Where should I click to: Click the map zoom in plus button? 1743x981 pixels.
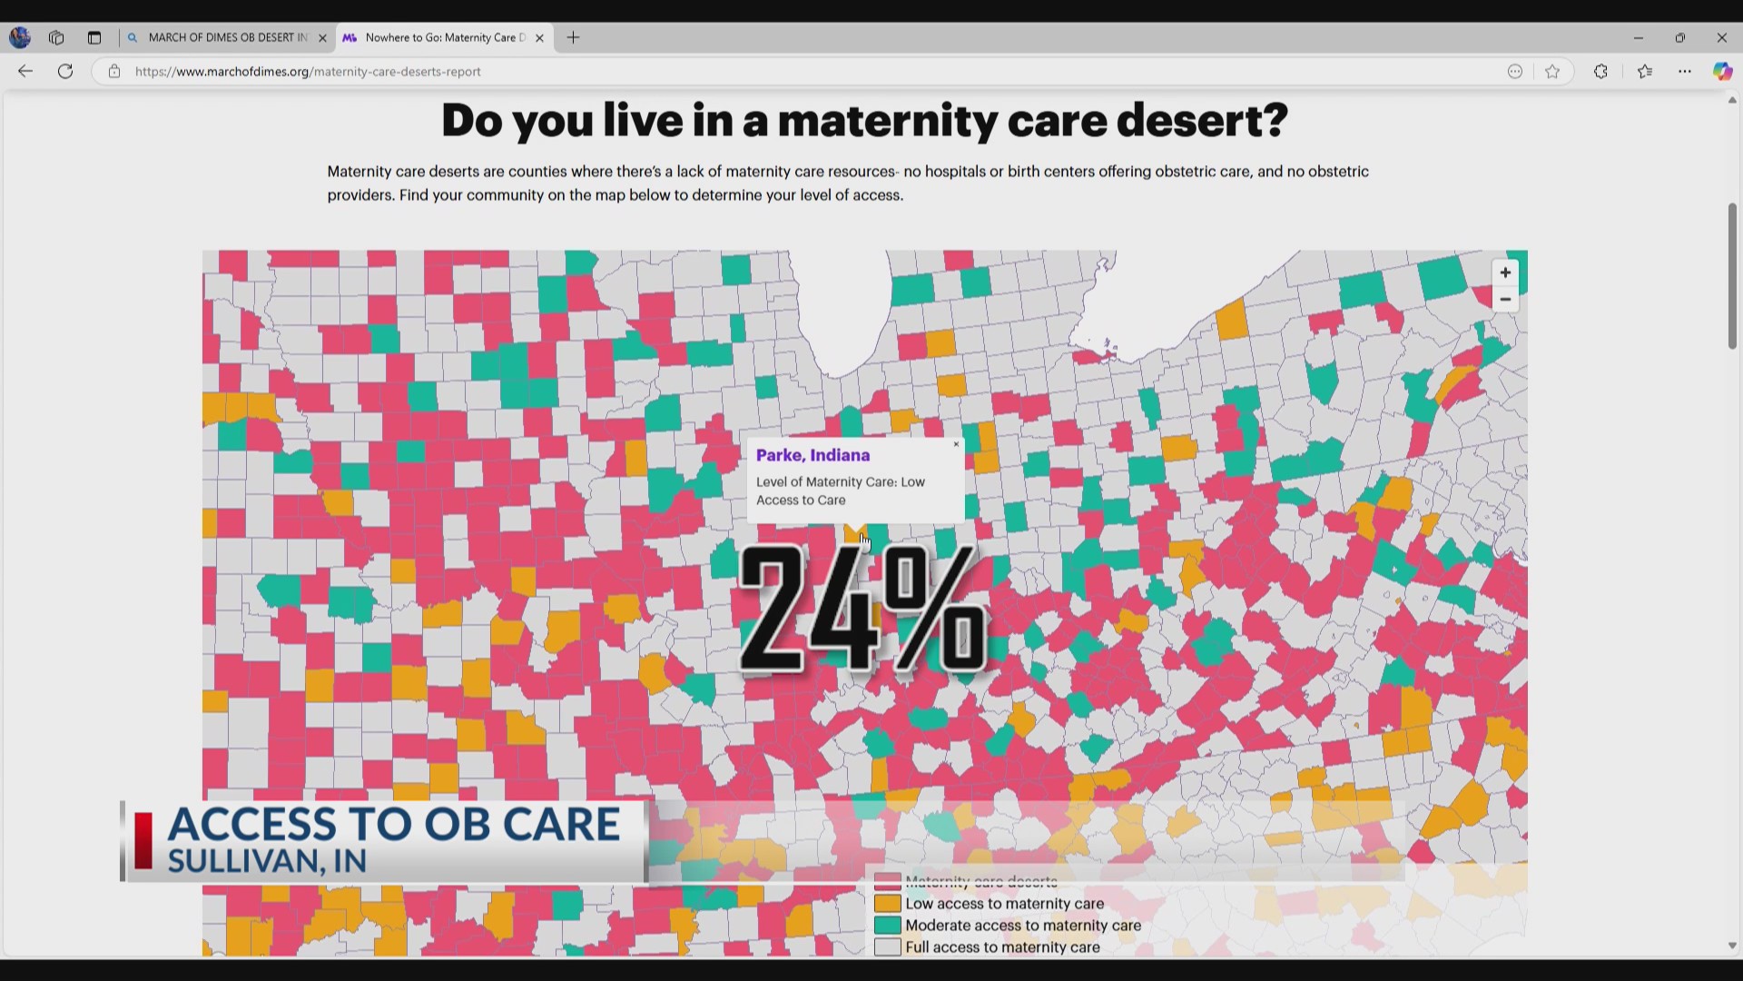pyautogui.click(x=1505, y=272)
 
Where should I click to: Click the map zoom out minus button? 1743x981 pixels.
pyautogui.click(x=1505, y=300)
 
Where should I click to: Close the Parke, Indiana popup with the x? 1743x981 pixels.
pyautogui.click(x=956, y=444)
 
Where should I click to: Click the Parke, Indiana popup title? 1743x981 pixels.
pyautogui.click(x=812, y=455)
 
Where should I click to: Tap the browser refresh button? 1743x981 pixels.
pyautogui.click(x=65, y=71)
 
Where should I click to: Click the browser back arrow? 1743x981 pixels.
pyautogui.click(x=25, y=71)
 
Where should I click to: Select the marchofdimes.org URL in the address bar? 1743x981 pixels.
pyautogui.click(x=308, y=72)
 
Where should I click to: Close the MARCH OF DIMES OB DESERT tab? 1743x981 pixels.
pyautogui.click(x=322, y=38)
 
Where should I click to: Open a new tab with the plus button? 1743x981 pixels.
pyautogui.click(x=573, y=37)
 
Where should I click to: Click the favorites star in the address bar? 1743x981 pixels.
pyautogui.click(x=1552, y=72)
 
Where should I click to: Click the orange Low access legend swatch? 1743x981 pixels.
pyautogui.click(x=887, y=904)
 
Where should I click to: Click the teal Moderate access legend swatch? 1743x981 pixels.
pyautogui.click(x=887, y=926)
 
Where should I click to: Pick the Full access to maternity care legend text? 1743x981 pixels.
pyautogui.click(x=1002, y=947)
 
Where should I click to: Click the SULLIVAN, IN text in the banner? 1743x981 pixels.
pyautogui.click(x=267, y=861)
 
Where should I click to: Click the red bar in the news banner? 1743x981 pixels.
pyautogui.click(x=143, y=840)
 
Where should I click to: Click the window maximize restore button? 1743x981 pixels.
pyautogui.click(x=1679, y=37)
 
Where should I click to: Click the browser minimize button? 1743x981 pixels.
pyautogui.click(x=1638, y=37)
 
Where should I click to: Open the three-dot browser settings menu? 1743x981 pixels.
pyautogui.click(x=1684, y=72)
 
